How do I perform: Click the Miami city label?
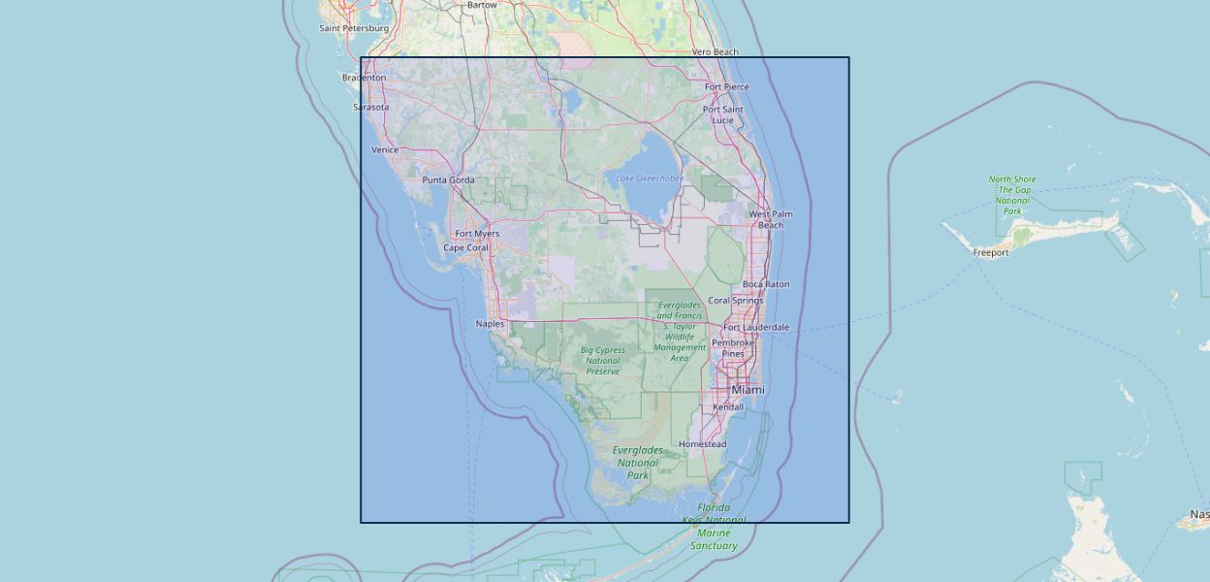[748, 390]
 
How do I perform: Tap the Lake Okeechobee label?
[650, 178]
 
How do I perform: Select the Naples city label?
[490, 324]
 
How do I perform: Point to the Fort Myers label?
[477, 234]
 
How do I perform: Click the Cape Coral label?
[466, 248]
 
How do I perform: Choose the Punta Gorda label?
[448, 180]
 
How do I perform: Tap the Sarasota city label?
[370, 108]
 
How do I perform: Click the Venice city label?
[384, 150]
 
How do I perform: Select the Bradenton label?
[364, 78]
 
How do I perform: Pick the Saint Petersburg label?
[354, 28]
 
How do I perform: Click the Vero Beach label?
[715, 52]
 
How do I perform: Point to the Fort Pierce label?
[726, 87]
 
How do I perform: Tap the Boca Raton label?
[765, 285]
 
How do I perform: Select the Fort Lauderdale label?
[755, 328]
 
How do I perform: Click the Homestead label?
[702, 444]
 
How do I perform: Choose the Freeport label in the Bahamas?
[991, 253]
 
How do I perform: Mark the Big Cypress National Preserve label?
[602, 361]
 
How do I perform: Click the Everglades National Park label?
[637, 463]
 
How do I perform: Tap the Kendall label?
[727, 407]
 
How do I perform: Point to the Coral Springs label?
[735, 301]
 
